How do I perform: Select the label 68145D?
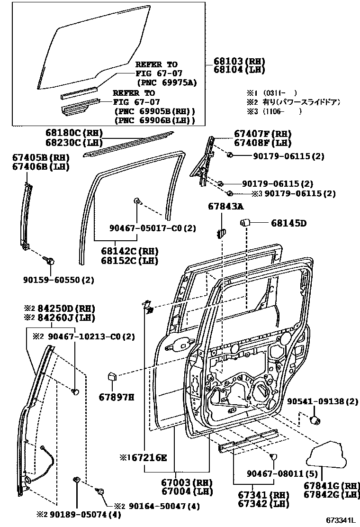289,223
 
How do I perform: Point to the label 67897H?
117,397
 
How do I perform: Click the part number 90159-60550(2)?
59,281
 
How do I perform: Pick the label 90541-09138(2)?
323,401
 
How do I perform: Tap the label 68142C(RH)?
129,251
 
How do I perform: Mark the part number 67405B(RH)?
41,158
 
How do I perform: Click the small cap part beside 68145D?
246,222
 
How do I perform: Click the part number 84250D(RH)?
65,308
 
